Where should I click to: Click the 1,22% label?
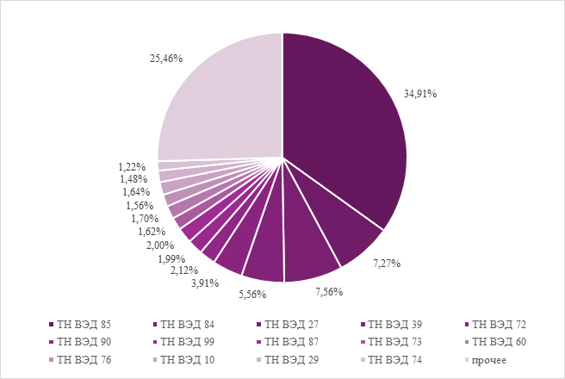coord(132,165)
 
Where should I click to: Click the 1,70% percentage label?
coord(145,219)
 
